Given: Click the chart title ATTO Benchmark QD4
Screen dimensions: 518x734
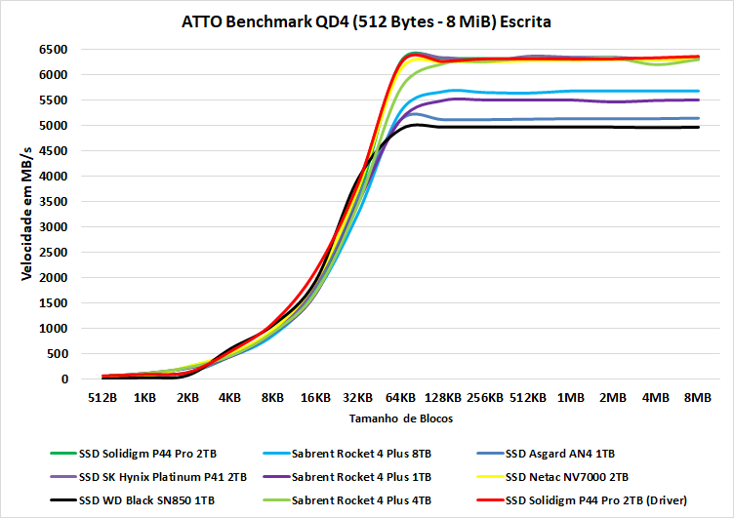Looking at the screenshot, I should [366, 20].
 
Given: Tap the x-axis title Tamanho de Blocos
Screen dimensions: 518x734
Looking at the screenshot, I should [388, 418].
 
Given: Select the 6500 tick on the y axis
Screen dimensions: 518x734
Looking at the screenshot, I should [53, 49].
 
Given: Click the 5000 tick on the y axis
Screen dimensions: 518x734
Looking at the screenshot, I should [53, 125].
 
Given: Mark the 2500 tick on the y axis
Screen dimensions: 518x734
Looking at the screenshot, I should [53, 252].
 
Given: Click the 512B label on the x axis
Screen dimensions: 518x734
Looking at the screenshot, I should [102, 398].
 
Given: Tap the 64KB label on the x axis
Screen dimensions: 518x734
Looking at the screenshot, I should [400, 398].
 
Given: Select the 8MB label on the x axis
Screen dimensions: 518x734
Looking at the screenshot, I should [698, 398].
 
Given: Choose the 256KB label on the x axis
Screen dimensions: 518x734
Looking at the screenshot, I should [485, 398].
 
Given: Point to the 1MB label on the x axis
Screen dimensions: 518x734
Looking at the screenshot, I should [571, 398].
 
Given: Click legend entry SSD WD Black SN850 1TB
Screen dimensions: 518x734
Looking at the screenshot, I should [147, 500].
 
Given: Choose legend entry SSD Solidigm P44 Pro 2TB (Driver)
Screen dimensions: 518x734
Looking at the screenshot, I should [596, 500].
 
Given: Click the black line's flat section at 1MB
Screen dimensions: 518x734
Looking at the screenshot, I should [571, 127].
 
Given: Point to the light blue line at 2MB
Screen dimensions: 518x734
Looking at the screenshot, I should [613, 91].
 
